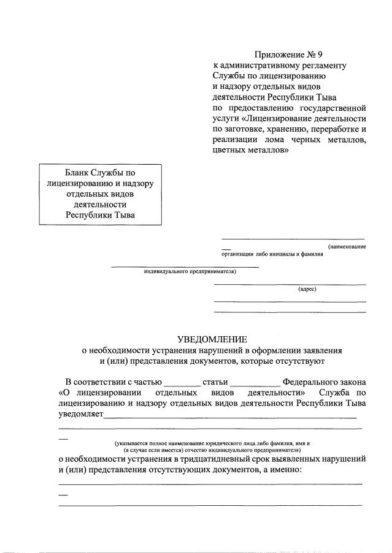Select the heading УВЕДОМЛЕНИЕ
[212, 339]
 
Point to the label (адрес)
[307, 288]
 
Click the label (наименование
[347, 246]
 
